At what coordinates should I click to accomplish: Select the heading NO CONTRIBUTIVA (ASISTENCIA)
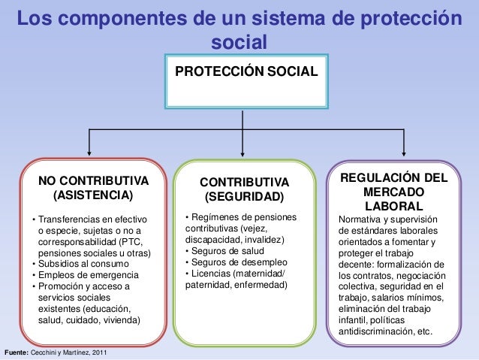click(93, 189)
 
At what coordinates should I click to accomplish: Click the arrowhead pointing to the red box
click(90, 153)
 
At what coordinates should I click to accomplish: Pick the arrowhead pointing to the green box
click(243, 153)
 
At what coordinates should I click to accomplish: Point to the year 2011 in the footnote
click(106, 352)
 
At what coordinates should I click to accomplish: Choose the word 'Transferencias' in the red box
click(71, 219)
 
